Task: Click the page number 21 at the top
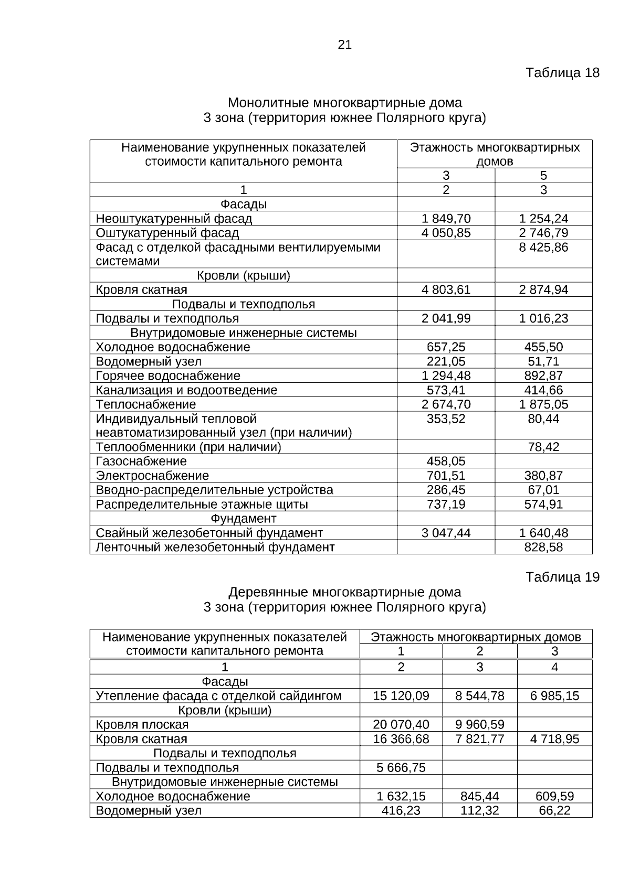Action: point(344,45)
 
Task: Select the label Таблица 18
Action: point(562,72)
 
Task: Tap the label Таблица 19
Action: point(562,577)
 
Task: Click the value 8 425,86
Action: point(543,247)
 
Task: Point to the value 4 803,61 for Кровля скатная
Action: point(446,289)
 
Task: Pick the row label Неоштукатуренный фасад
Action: point(174,219)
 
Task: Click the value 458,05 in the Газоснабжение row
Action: point(446,461)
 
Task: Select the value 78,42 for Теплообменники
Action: point(543,447)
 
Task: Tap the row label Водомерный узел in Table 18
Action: point(149,361)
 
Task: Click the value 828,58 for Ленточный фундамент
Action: point(543,547)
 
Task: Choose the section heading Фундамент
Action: point(243,519)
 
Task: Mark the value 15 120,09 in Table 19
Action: point(401,696)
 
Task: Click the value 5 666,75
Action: point(401,768)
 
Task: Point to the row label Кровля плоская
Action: point(142,725)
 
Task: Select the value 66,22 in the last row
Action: point(554,811)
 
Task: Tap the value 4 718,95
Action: point(554,739)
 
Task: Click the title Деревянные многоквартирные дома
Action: point(344,592)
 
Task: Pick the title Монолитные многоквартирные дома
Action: point(344,103)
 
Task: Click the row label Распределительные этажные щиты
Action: point(202,505)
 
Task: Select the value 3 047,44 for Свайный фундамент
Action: point(446,533)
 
